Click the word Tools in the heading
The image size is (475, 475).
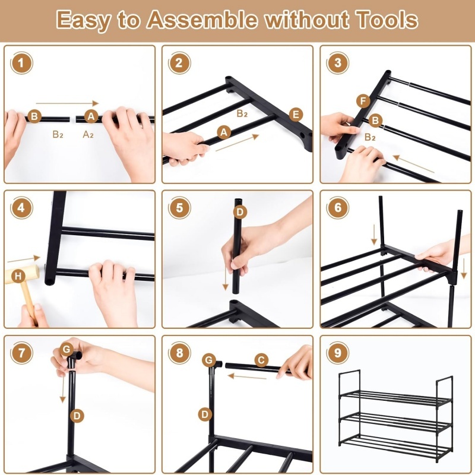(x=387, y=20)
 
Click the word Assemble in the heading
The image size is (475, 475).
(x=202, y=20)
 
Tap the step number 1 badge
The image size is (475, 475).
(x=21, y=63)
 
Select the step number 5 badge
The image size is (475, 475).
(x=179, y=208)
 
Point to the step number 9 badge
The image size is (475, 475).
(x=337, y=353)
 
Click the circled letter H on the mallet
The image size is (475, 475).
(x=18, y=276)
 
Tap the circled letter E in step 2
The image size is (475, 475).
(x=296, y=115)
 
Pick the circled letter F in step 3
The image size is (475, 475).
(x=363, y=101)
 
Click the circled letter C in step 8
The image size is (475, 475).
(x=261, y=360)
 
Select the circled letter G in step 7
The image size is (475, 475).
(x=66, y=350)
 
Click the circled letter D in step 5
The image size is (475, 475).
(x=240, y=212)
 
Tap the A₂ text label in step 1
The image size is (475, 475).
(x=88, y=134)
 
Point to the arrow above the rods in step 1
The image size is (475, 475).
(x=67, y=103)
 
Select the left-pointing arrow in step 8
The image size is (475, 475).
(x=247, y=376)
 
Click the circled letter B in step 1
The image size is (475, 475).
(x=34, y=116)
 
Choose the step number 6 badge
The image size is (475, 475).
(x=337, y=208)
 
